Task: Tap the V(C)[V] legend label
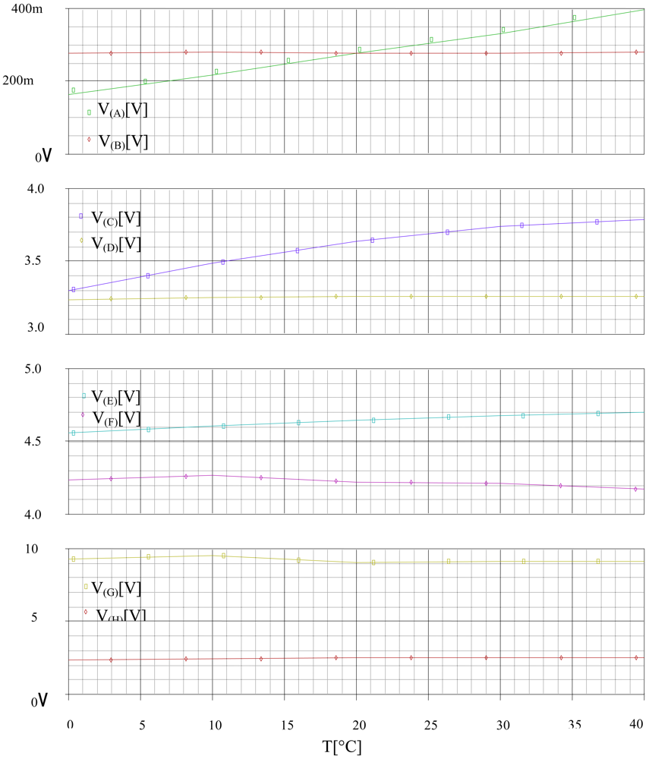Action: pos(116,219)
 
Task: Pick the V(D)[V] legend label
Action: pos(116,244)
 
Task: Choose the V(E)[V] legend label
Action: pos(116,397)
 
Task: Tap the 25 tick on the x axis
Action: pos(428,724)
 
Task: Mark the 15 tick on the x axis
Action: pos(284,724)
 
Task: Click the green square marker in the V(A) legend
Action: pos(89,112)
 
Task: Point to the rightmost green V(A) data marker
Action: pos(575,17)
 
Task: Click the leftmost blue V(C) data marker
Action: pos(73,289)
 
